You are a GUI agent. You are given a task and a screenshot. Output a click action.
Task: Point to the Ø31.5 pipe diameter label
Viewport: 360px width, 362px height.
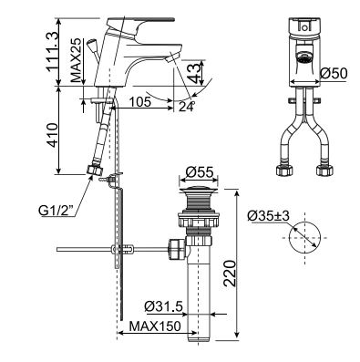pyautogui.click(x=163, y=305)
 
